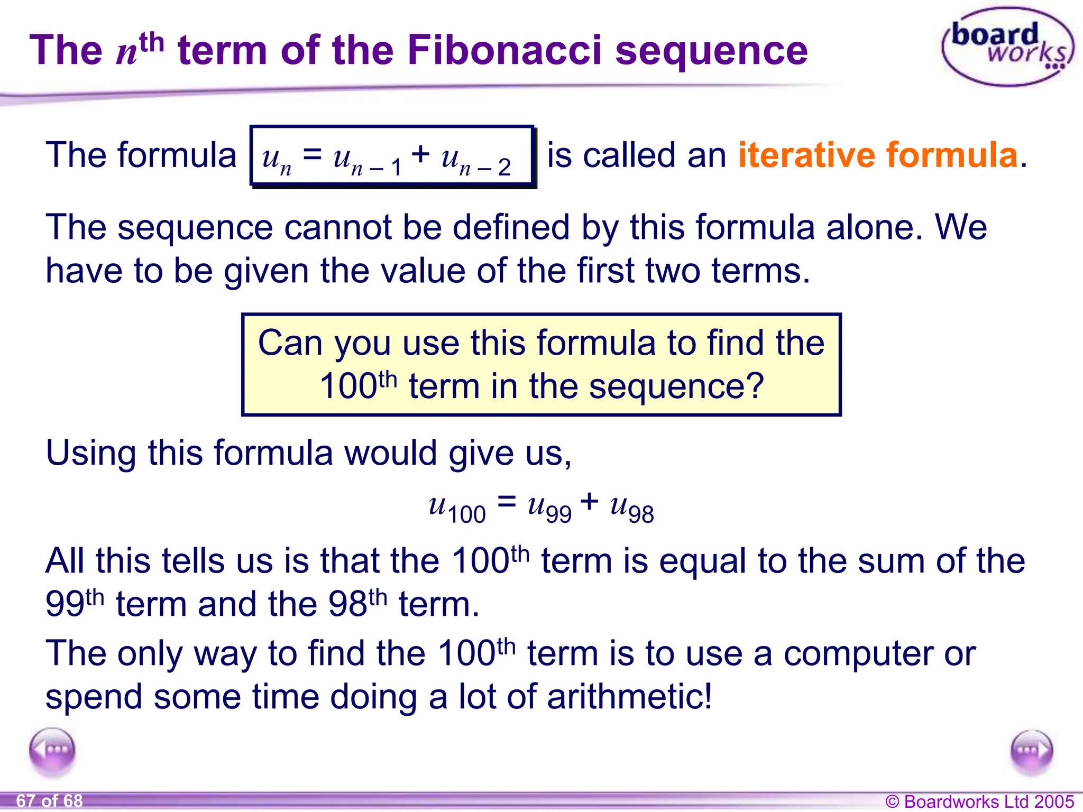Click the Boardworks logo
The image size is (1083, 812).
click(x=1007, y=47)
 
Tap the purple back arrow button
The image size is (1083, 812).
click(x=52, y=751)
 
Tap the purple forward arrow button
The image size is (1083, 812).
click(x=1031, y=751)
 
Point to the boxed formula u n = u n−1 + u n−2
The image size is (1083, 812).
click(x=392, y=156)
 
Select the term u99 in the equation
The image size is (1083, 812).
click(x=549, y=508)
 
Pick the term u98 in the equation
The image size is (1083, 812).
click(x=632, y=508)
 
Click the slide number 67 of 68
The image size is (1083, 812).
click(x=50, y=801)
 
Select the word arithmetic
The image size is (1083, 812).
click(x=629, y=697)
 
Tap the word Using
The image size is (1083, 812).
click(x=90, y=454)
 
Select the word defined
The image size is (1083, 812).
click(x=511, y=227)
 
